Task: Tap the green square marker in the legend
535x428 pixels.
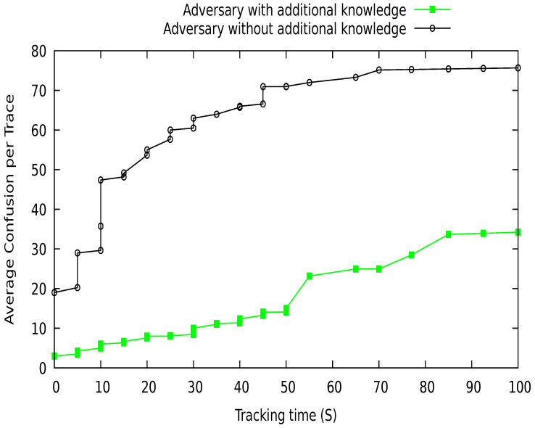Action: point(432,9)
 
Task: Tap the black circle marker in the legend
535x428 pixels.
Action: point(432,29)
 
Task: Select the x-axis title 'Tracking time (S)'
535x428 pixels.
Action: point(286,415)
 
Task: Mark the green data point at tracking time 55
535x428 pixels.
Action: point(310,276)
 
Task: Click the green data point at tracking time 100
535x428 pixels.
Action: point(518,232)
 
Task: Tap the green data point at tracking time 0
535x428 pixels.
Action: point(54,356)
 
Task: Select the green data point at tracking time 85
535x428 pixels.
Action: point(449,234)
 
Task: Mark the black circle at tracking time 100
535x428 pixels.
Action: point(518,68)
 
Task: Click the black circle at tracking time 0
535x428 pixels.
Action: point(54,292)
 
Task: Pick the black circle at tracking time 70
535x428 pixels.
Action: point(379,70)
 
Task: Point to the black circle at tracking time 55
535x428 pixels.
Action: point(310,83)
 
